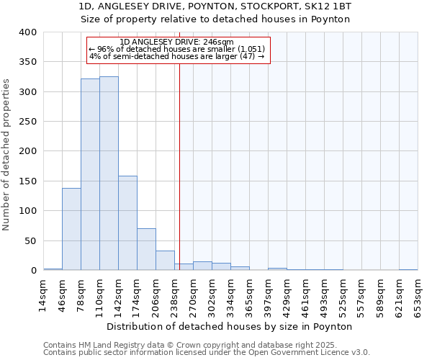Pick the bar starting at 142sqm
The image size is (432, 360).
[x=127, y=222]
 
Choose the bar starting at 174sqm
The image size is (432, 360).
[x=146, y=249]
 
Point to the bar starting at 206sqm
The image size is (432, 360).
[x=165, y=261]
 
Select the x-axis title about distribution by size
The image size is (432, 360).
[x=234, y=326]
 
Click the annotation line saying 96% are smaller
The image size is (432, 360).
[x=177, y=49]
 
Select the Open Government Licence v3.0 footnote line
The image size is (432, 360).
[x=207, y=353]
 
